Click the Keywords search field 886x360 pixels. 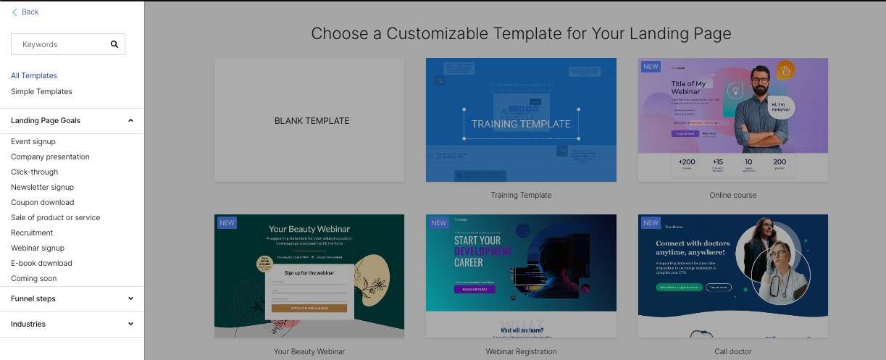[62, 44]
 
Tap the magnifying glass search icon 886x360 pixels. [114, 44]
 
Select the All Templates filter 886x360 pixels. [34, 75]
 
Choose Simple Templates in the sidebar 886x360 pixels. [41, 91]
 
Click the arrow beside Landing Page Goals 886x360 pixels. [130, 120]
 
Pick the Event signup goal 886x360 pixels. [33, 141]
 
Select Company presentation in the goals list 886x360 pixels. [50, 156]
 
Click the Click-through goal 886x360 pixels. [34, 172]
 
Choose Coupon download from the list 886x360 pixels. [42, 202]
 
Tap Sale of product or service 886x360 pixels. [55, 217]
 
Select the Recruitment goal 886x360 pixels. [32, 233]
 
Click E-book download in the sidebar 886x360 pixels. [41, 263]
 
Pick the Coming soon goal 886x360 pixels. [33, 278]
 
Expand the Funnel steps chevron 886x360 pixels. [130, 298]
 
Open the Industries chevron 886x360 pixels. [130, 324]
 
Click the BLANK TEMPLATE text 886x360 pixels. [312, 121]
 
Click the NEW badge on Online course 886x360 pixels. [651, 67]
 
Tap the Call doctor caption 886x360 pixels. [732, 351]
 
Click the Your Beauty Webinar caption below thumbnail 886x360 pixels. [309, 351]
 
